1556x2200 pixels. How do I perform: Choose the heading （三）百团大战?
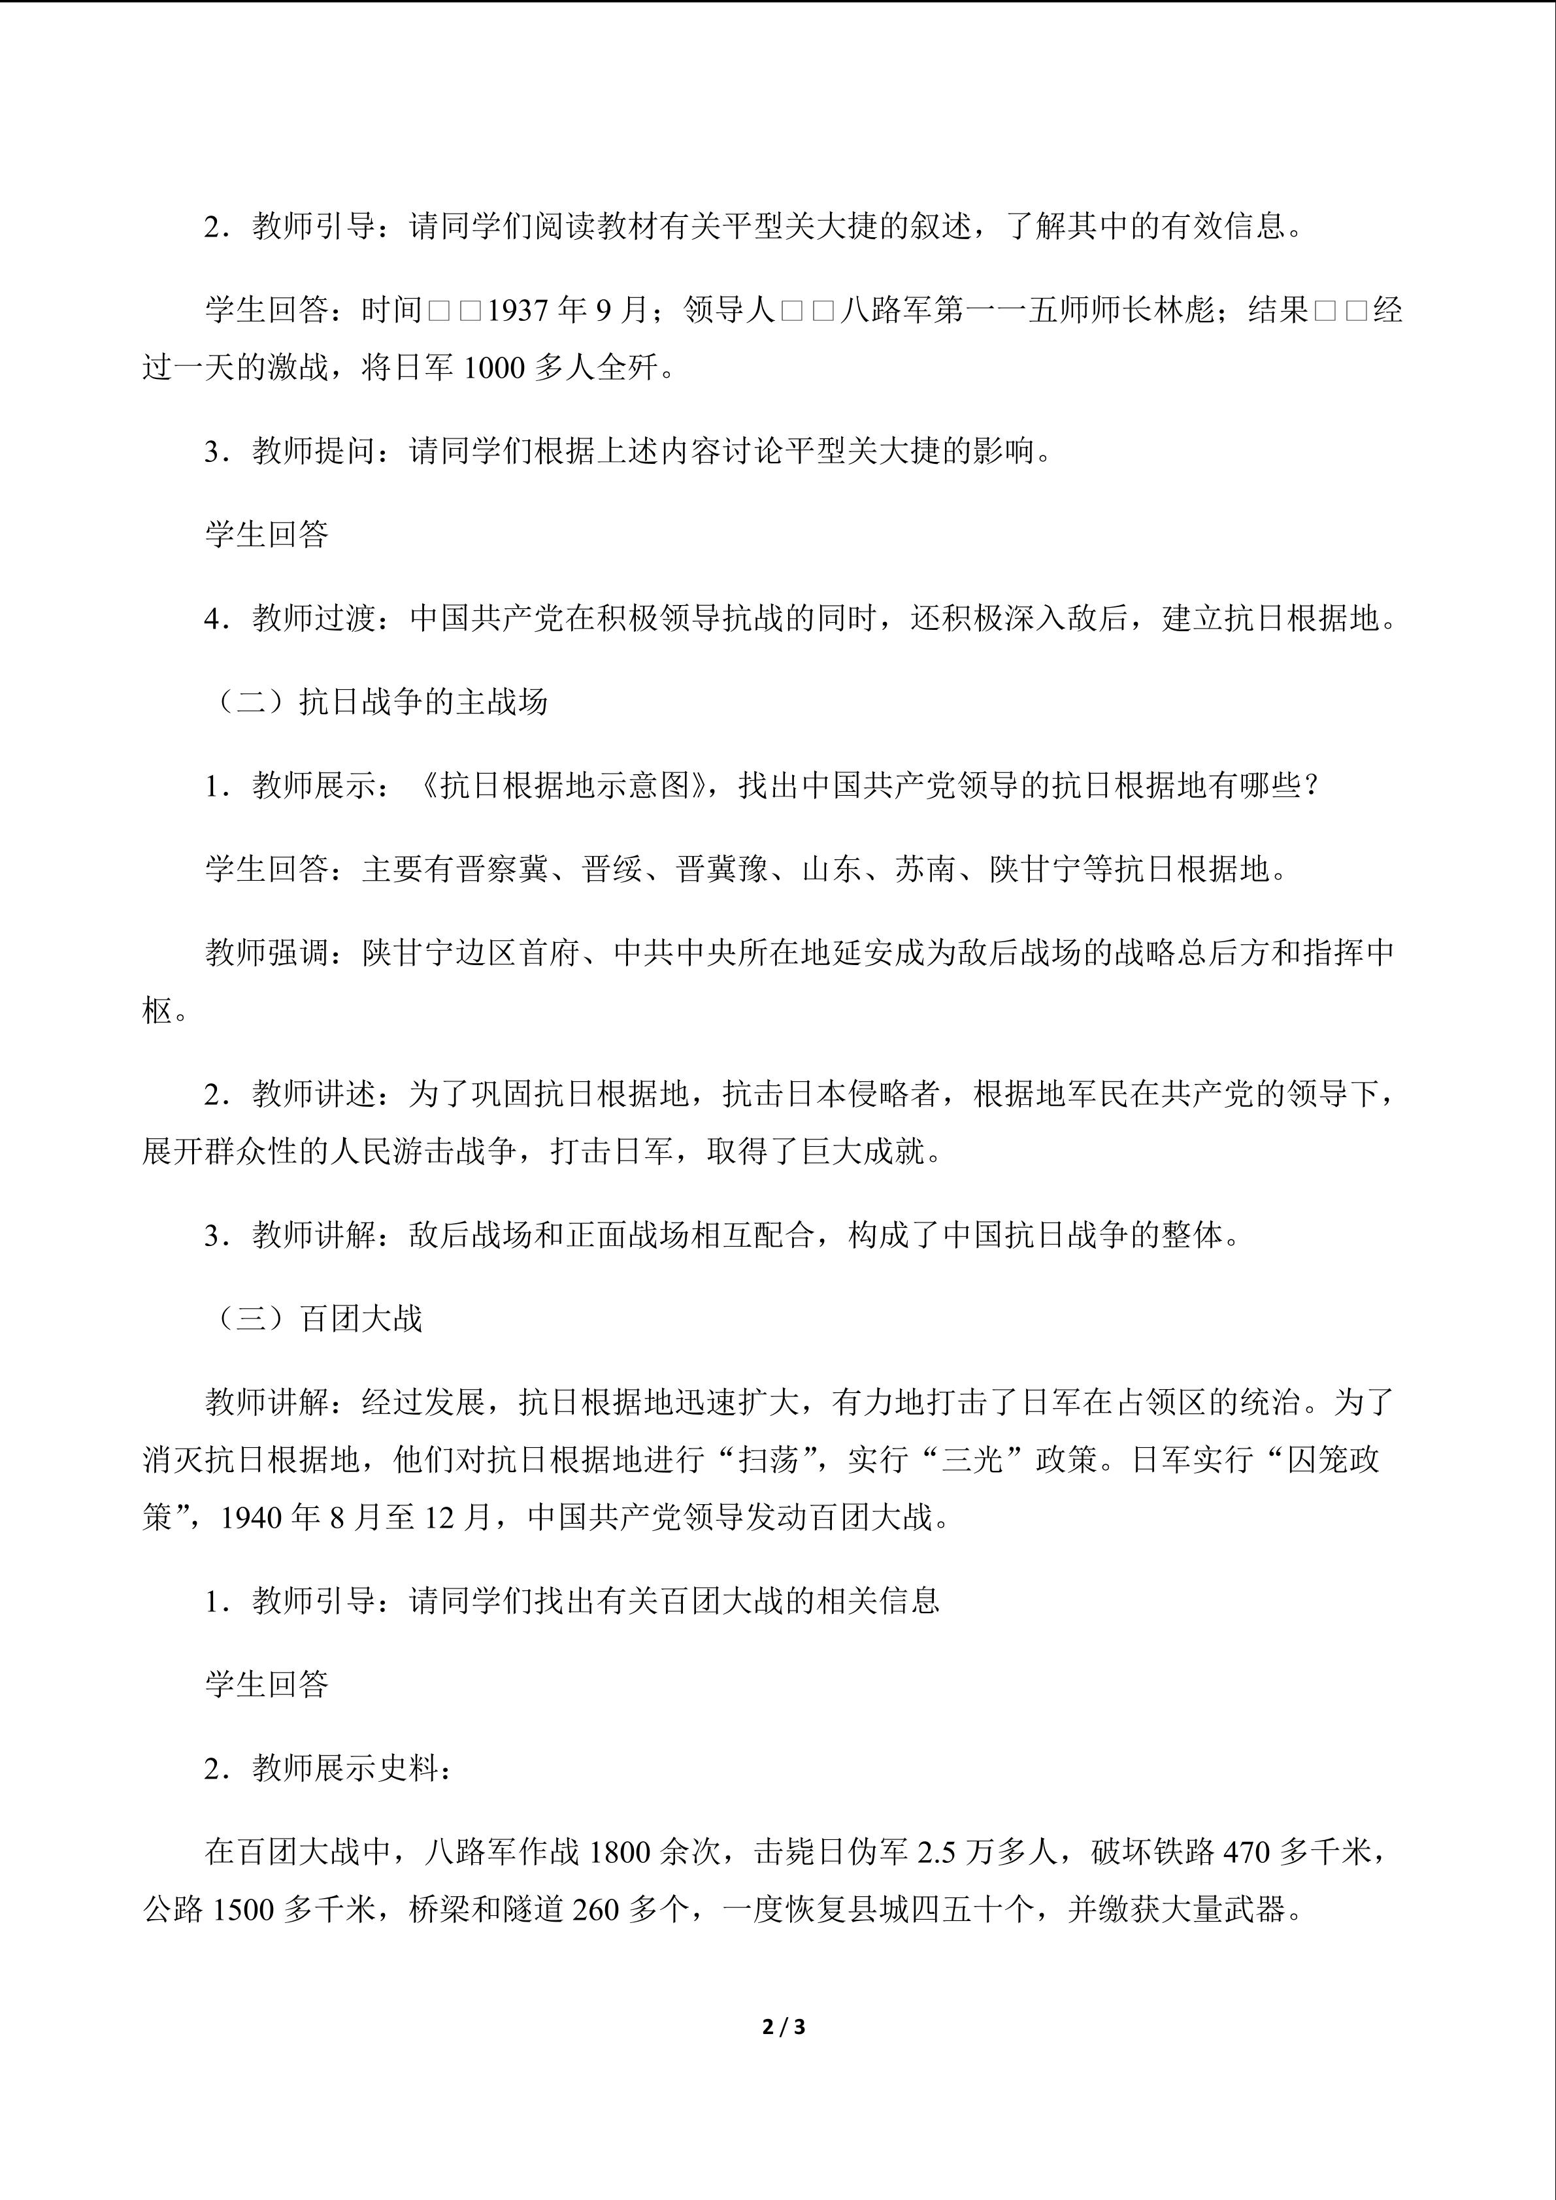(x=314, y=1319)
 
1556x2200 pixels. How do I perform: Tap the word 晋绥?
(x=612, y=869)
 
